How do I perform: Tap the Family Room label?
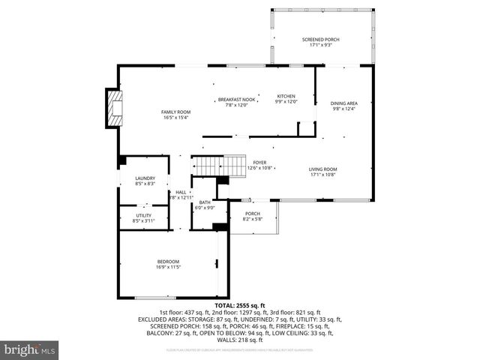[175, 112]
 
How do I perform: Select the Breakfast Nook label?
[236, 99]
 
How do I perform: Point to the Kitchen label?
[286, 97]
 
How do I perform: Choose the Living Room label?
[324, 169]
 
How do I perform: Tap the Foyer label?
[259, 162]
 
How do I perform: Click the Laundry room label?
[145, 178]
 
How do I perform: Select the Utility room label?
[142, 215]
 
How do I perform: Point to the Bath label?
[205, 202]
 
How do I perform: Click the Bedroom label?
[167, 261]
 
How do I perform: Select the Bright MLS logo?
[30, 349]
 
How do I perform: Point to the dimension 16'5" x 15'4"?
[175, 117]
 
